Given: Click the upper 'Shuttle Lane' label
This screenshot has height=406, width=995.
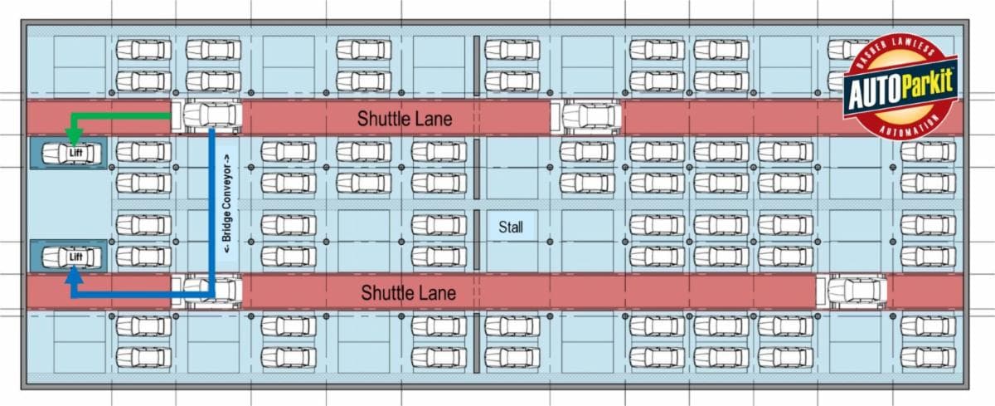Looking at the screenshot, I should coord(405,119).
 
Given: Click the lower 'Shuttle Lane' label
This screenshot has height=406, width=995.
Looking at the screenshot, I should coord(408,293).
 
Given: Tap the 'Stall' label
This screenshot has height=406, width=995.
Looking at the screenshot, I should coord(511,227).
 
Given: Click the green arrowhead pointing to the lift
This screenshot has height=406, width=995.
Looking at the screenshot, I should coord(74,133).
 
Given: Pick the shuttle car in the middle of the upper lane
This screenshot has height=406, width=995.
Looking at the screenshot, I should coord(590,117).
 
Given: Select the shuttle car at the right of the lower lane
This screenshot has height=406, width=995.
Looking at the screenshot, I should coord(855,291).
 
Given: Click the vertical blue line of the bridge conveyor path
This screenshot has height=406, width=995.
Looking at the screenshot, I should coord(212,208).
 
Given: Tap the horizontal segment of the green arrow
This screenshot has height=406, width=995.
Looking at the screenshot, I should coord(124,117).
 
